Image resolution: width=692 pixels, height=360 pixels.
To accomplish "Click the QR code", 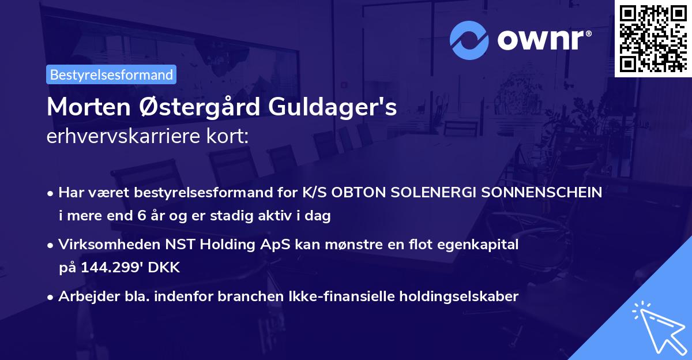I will [x=653, y=38].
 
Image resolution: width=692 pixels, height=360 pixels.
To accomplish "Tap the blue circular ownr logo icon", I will [x=469, y=40].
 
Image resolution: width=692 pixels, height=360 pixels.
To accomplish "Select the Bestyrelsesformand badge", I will [x=111, y=74].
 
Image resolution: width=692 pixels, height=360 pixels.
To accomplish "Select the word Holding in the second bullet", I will [x=214, y=245].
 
